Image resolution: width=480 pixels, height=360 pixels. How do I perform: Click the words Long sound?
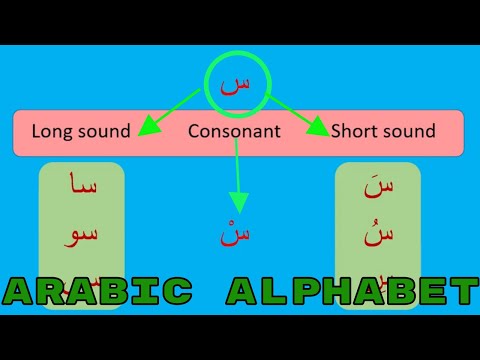(81, 131)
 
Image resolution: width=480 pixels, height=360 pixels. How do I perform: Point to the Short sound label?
(383, 131)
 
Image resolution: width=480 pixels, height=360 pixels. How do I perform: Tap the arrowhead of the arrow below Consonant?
(237, 203)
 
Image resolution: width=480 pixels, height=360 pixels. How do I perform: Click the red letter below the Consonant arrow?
(237, 235)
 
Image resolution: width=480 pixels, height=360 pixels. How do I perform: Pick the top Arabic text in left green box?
(82, 188)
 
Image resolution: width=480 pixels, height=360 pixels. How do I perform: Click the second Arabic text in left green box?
(82, 235)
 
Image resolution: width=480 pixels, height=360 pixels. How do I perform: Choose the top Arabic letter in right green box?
(379, 188)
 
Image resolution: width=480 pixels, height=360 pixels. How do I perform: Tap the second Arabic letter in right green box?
(379, 235)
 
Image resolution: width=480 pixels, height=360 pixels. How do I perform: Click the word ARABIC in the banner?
(99, 291)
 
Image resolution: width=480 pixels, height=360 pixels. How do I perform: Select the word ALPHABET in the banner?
(351, 291)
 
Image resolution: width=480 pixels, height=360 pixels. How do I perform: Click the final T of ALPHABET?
(461, 291)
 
